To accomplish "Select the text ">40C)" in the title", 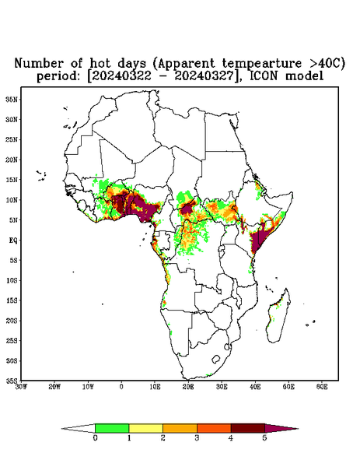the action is click(327, 63).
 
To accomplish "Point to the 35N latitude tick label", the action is click(12, 100).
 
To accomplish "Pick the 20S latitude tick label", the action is click(12, 321).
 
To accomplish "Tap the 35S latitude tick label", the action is click(12, 381).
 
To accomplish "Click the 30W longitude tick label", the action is click(21, 387).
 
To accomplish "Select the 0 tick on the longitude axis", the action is click(121, 387).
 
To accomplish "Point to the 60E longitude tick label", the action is click(322, 387).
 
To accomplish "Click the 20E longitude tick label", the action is click(188, 387).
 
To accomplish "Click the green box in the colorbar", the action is click(112, 428).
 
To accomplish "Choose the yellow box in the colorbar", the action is click(145, 428).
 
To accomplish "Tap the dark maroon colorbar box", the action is click(248, 428).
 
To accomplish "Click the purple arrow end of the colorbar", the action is click(280, 429).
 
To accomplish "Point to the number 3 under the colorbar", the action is click(197, 438).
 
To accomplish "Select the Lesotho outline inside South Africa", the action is click(215, 359).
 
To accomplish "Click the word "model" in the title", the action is click(304, 75).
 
